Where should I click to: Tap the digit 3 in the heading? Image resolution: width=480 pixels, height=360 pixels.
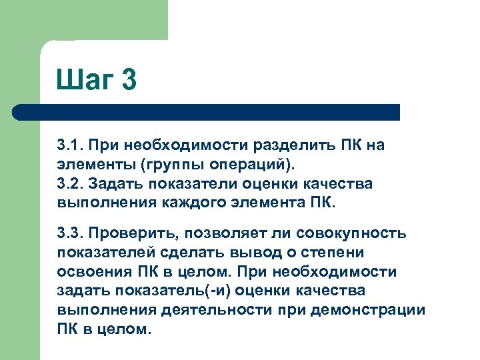[x=129, y=80]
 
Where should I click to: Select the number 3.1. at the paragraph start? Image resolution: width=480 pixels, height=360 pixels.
[x=69, y=145]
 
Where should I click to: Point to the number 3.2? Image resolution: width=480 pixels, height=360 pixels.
[x=69, y=183]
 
